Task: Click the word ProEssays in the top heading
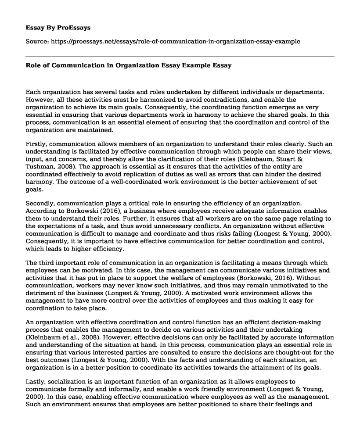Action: pos(75,27)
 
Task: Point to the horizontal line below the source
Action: pos(180,56)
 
